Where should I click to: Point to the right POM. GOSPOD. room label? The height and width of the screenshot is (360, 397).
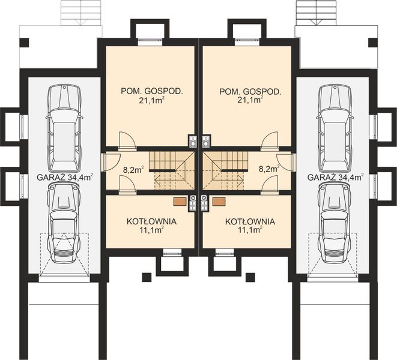250,92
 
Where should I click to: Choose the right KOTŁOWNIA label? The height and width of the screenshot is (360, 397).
250,221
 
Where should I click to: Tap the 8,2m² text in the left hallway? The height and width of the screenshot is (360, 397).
133,170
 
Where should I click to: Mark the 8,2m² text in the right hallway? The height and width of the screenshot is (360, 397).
269,170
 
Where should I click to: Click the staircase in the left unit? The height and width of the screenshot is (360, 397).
171,169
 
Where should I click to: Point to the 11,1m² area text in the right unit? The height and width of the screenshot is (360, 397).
250,230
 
